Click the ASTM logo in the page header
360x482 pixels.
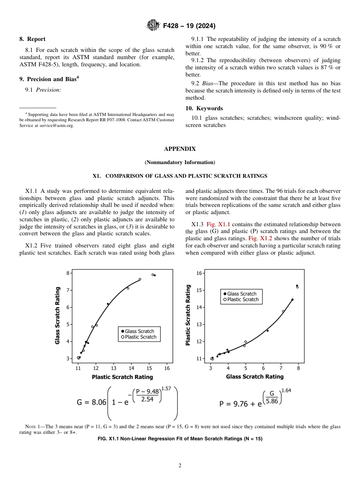pyautogui.click(x=153, y=26)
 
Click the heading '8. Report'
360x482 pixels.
pyautogui.click(x=32, y=39)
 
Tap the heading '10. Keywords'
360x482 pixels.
pyautogui.click(x=204, y=108)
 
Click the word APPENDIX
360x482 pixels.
pyautogui.click(x=180, y=149)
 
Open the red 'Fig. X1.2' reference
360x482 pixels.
pyautogui.click(x=260, y=238)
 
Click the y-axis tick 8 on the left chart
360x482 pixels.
pyautogui.click(x=68, y=273)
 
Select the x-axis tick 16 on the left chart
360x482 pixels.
pyautogui.click(x=167, y=368)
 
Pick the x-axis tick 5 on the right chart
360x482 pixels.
pyautogui.click(x=246, y=368)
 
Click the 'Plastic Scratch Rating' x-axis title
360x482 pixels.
pyautogui.click(x=122, y=377)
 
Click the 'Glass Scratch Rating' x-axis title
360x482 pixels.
pyautogui.click(x=255, y=377)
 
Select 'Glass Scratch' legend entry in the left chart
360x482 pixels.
pyautogui.click(x=139, y=331)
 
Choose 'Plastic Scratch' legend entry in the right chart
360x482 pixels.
pyautogui.click(x=243, y=299)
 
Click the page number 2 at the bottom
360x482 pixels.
pyautogui.click(x=180, y=466)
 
